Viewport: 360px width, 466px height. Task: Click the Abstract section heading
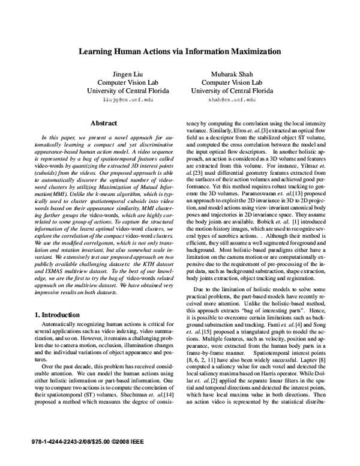click(x=103, y=123)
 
